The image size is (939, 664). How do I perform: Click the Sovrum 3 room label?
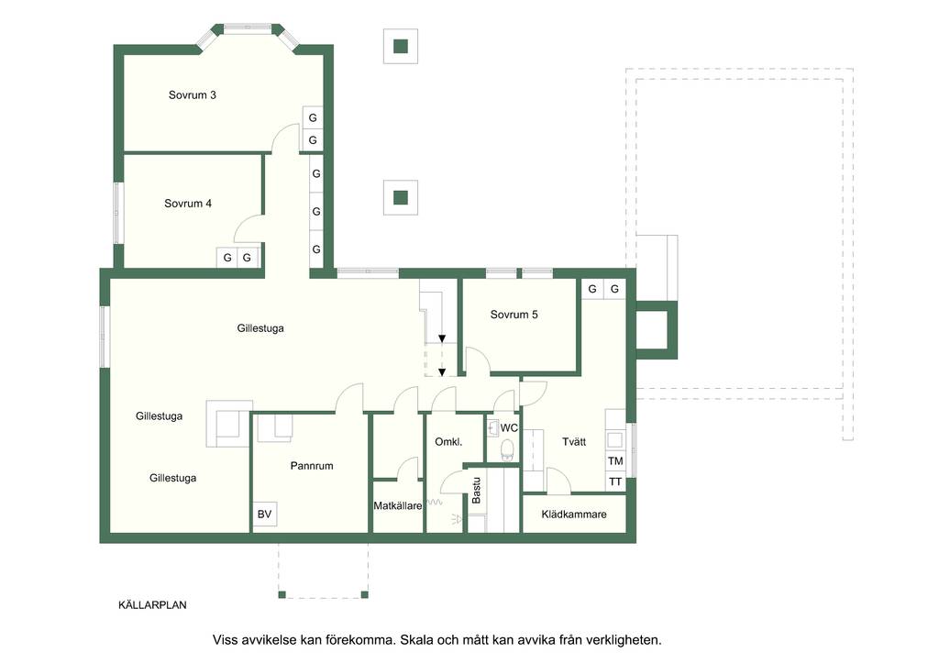[193, 94]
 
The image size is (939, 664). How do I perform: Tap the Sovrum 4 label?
[188, 203]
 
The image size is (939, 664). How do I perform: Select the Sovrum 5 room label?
[514, 315]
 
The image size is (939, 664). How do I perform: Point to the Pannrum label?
[312, 465]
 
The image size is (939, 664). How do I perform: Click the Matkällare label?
[398, 505]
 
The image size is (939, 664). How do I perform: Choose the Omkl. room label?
[448, 442]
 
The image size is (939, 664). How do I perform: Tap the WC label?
[509, 427]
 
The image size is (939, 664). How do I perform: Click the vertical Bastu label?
[477, 490]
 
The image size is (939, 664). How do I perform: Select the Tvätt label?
[574, 441]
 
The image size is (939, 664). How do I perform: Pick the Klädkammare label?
[574, 514]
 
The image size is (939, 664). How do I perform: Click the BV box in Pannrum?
[264, 514]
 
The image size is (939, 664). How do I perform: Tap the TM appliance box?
[615, 460]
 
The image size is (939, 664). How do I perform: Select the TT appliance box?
[615, 481]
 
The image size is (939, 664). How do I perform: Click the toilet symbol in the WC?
[508, 449]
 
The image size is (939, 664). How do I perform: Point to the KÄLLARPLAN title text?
[152, 604]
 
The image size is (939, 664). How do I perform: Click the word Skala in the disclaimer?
[417, 639]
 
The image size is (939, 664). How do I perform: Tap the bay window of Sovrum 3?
[248, 35]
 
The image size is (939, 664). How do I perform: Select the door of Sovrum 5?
[478, 361]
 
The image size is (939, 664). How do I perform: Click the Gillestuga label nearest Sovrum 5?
[260, 328]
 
